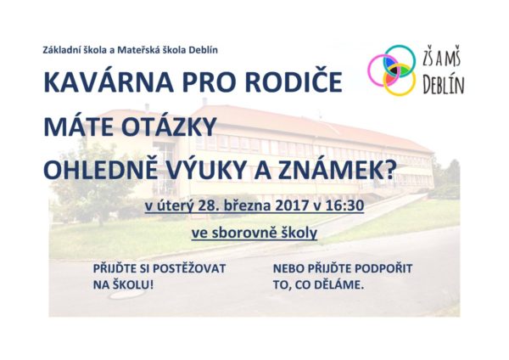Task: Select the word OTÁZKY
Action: (x=169, y=126)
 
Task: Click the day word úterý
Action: (x=174, y=206)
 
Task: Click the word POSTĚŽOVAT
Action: (x=189, y=268)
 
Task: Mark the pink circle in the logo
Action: (x=369, y=70)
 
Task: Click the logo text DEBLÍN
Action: (x=444, y=85)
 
